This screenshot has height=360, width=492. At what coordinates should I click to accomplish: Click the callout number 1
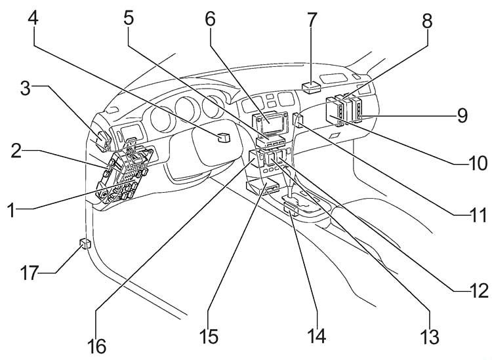[12, 211]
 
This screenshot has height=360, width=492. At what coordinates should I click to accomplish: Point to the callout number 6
[210, 19]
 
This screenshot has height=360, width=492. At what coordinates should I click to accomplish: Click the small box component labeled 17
[84, 245]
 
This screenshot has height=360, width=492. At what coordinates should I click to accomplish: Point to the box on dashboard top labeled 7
[312, 86]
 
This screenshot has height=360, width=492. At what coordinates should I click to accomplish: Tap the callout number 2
[20, 150]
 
